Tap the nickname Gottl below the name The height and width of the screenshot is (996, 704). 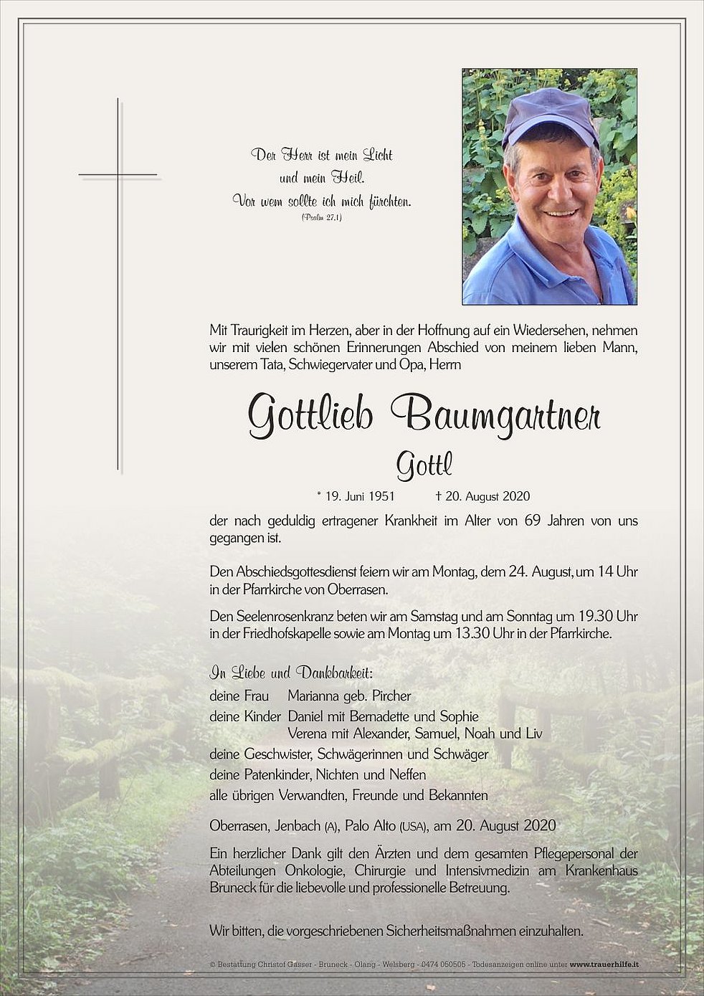pos(424,468)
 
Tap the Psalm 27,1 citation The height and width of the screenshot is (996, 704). pos(322,217)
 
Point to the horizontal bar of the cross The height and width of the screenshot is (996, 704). pos(118,174)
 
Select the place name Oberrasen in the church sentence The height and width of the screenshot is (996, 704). pos(361,590)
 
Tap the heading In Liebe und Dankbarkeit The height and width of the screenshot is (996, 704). pos(291,673)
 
